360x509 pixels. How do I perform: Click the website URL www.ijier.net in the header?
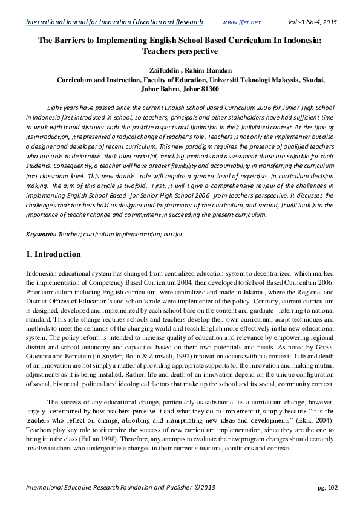click(241, 22)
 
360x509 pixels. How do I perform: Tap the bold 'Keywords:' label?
click(41, 233)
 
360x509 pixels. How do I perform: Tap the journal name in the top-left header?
click(114, 22)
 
